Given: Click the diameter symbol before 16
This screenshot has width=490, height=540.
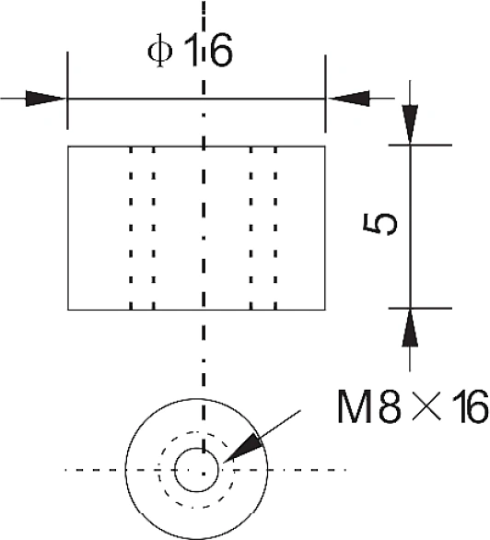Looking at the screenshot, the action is [x=160, y=51].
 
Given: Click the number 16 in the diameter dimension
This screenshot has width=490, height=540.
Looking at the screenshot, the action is [x=208, y=51].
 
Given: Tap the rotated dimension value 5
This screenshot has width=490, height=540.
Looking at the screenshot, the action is [x=379, y=224].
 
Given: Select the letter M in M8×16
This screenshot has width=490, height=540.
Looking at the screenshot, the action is [x=355, y=406].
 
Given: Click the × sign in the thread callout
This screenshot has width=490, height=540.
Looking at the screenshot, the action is [x=426, y=406].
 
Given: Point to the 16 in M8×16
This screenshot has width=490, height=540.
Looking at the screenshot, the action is [x=470, y=406].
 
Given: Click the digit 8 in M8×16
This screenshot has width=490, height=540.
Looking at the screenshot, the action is [x=390, y=406].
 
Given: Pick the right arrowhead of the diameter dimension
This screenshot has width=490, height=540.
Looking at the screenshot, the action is [x=348, y=99].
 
